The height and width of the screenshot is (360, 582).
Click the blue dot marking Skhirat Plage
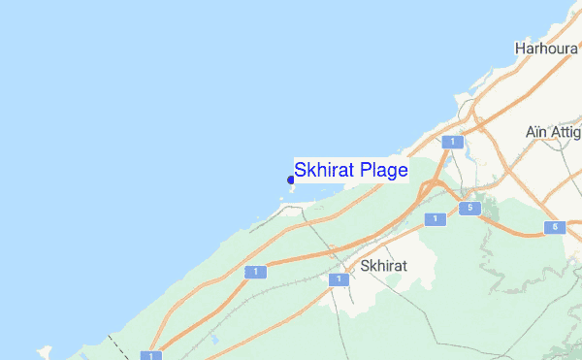coord(291,180)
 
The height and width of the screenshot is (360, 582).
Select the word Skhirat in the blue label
coord(325,171)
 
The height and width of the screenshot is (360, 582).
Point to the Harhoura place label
coord(547,47)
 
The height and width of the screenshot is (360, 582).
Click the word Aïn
coord(538,131)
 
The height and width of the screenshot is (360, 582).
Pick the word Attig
coord(568,131)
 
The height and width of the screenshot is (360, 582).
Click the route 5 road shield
coord(469,209)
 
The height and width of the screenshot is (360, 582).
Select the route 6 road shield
coord(554,228)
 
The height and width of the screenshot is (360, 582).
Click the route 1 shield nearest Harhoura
coord(450,143)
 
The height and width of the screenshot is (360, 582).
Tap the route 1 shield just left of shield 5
coord(435,219)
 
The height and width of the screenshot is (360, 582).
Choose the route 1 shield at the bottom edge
coord(150,355)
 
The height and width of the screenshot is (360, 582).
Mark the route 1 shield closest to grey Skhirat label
coord(339,279)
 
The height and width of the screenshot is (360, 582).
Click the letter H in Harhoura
coord(520,47)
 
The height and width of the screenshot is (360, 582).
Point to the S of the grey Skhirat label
coord(364,265)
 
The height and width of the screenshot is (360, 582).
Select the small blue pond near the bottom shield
coord(214,341)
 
